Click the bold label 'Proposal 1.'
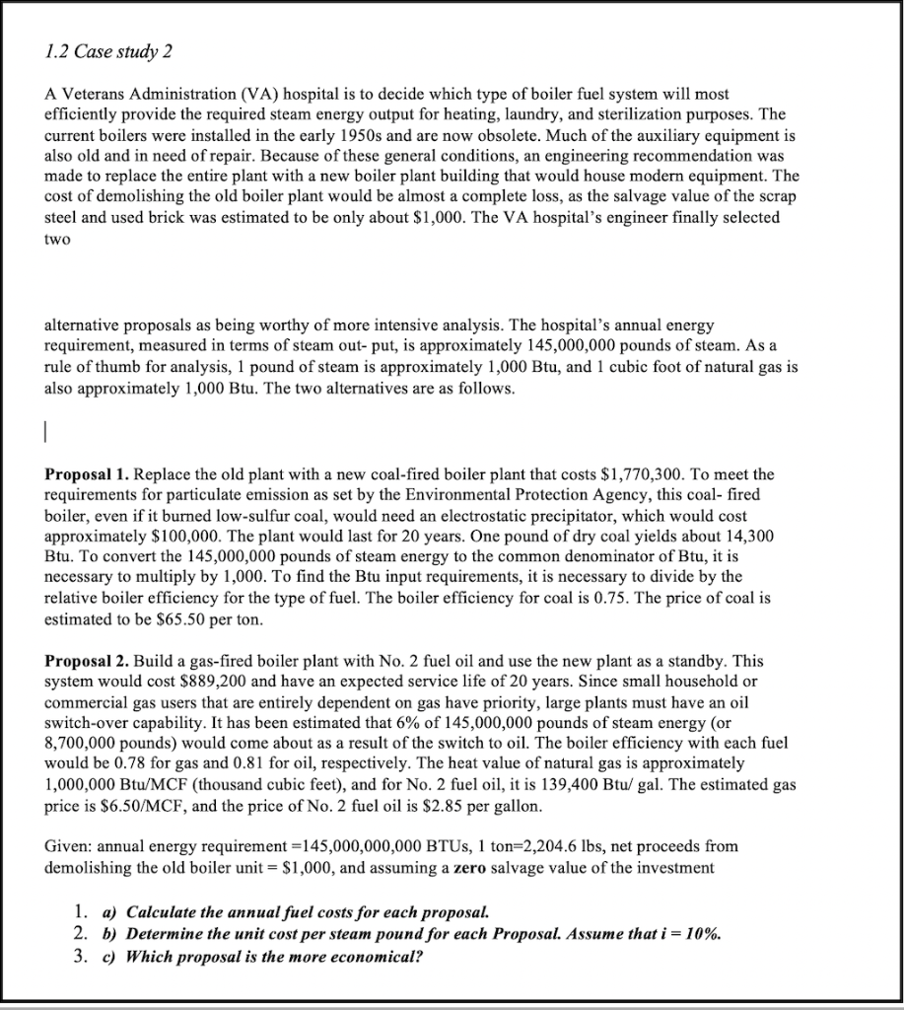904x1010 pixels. tap(88, 473)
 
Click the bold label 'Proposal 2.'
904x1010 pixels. tap(88, 660)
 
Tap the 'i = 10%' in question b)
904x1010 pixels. tap(678, 933)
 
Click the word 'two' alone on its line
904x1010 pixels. tap(57, 238)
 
